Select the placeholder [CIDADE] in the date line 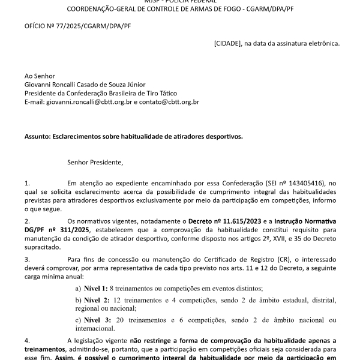[x=227, y=43]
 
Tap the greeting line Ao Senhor [x=40, y=76]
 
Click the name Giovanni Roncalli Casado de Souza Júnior [x=85, y=85]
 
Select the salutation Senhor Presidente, [x=95, y=162]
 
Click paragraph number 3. [x=26, y=259]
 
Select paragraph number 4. [x=26, y=340]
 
